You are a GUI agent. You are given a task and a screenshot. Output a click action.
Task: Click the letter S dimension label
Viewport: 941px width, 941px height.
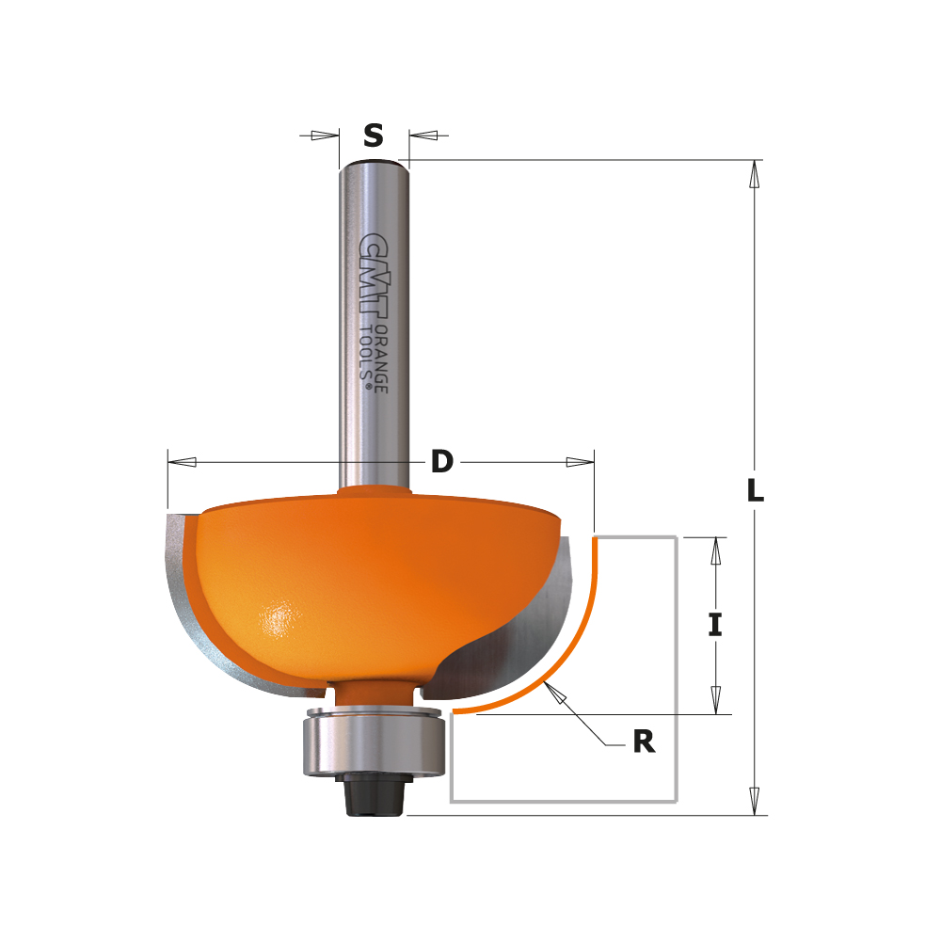(374, 136)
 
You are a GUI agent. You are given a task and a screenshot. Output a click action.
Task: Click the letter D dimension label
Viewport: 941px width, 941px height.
(442, 462)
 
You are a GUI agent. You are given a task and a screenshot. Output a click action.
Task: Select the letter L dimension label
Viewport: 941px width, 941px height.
(755, 490)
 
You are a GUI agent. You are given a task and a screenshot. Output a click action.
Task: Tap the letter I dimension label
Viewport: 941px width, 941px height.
(715, 625)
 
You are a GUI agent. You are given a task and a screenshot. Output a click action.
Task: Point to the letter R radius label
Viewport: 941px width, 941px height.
(643, 742)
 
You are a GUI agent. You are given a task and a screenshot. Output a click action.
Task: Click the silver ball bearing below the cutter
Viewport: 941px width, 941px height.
(374, 744)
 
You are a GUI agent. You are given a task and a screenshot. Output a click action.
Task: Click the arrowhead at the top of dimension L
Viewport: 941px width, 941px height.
(754, 175)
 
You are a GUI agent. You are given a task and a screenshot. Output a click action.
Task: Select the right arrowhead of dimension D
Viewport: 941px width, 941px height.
(579, 462)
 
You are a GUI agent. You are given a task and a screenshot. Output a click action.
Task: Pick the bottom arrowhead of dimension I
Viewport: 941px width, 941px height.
(715, 699)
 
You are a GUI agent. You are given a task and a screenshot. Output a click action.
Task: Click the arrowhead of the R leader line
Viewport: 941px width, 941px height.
(556, 694)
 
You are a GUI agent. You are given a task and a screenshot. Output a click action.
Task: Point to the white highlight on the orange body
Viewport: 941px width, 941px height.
(279, 620)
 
